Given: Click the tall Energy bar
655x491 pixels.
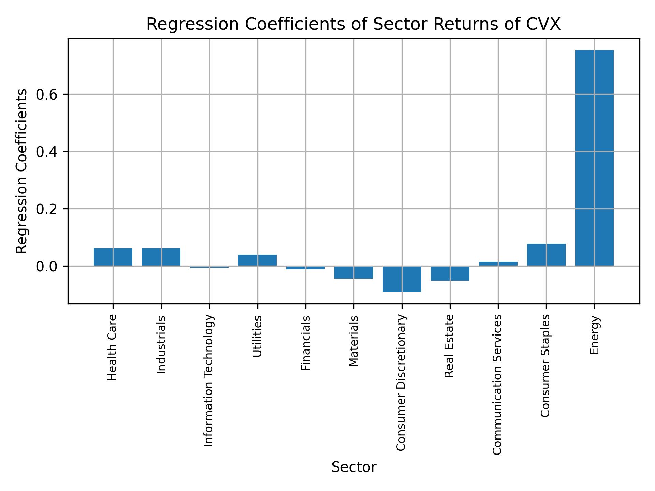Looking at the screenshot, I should pyautogui.click(x=594, y=158).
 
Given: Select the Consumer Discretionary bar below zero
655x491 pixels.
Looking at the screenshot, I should pyautogui.click(x=402, y=279).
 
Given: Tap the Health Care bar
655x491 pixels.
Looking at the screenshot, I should pyautogui.click(x=113, y=257).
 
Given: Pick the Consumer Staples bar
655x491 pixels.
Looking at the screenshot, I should pyautogui.click(x=546, y=255).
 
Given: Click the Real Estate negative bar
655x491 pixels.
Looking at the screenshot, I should pyautogui.click(x=450, y=273).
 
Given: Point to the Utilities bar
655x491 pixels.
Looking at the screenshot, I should pyautogui.click(x=257, y=260).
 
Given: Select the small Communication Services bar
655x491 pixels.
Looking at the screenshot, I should pyautogui.click(x=498, y=264).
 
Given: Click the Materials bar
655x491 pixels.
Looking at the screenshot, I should pyautogui.click(x=353, y=272).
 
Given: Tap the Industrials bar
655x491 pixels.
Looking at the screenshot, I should pyautogui.click(x=161, y=257).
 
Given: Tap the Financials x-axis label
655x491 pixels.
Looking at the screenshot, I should pyautogui.click(x=306, y=343).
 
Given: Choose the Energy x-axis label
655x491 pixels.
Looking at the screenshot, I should pyautogui.click(x=594, y=335).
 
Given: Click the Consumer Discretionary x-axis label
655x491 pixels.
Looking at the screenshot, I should pyautogui.click(x=401, y=383).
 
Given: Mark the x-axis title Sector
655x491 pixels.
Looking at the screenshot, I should pyautogui.click(x=354, y=467).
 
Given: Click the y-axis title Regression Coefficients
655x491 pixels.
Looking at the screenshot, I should pyautogui.click(x=22, y=171).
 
